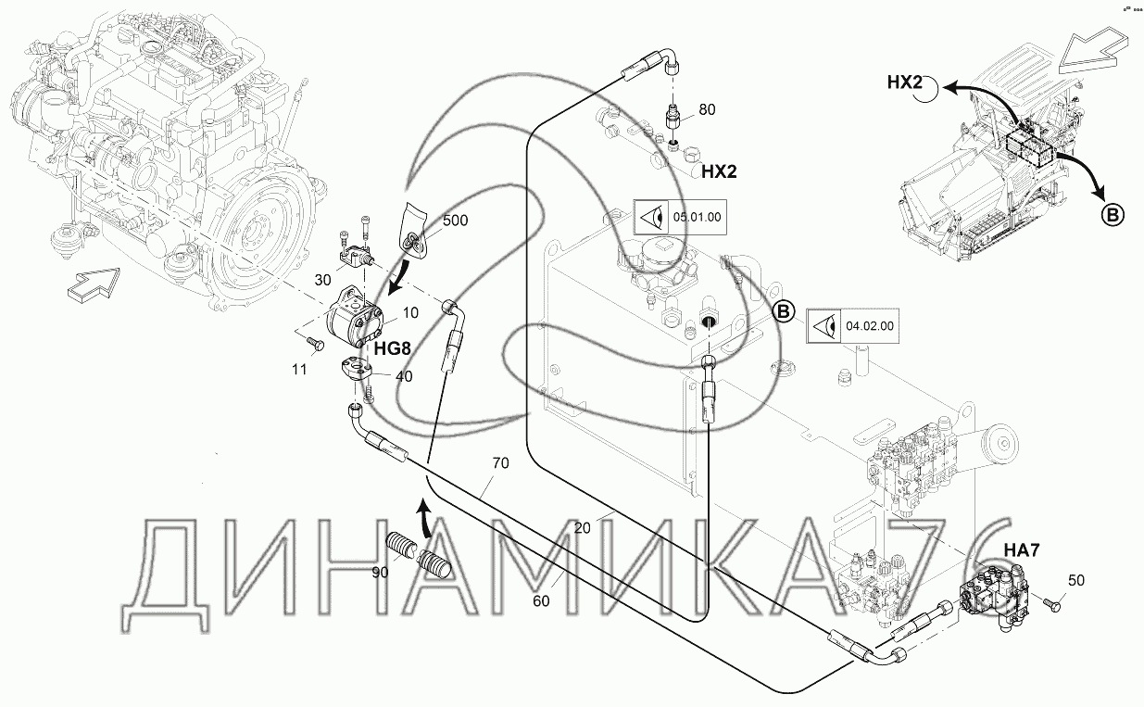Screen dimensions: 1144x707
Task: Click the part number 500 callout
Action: coord(455,221)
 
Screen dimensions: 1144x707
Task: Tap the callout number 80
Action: coord(706,109)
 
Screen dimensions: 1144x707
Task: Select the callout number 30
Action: coord(322,280)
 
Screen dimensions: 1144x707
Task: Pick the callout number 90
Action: coord(380,572)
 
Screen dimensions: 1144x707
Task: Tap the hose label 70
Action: coord(500,463)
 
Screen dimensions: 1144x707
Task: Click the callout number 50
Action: coord(1075,581)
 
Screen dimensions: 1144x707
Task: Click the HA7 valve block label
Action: coord(1024,549)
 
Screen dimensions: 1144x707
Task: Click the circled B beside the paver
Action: coord(1112,214)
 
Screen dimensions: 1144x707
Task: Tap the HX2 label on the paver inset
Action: coord(906,82)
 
